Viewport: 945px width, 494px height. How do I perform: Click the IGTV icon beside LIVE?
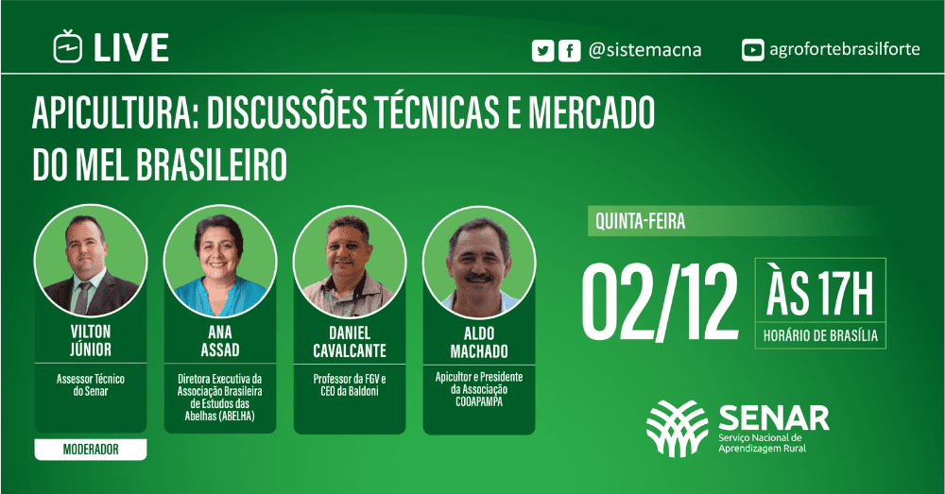tap(67, 46)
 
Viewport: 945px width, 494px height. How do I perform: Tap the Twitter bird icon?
tap(543, 51)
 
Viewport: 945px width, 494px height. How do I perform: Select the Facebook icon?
tap(570, 51)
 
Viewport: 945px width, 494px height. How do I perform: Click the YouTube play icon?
tap(753, 50)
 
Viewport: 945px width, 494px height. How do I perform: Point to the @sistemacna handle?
tap(644, 49)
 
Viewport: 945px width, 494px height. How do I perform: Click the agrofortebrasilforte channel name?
tap(844, 49)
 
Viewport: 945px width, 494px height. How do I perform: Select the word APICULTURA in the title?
tap(115, 112)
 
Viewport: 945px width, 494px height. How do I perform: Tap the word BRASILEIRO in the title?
tap(212, 164)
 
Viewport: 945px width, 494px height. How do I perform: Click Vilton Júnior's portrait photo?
tap(91, 261)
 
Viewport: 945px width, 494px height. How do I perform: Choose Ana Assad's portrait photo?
tap(220, 261)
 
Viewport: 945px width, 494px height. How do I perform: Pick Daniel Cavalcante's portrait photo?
tap(350, 262)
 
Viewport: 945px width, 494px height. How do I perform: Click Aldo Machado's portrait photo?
tap(479, 263)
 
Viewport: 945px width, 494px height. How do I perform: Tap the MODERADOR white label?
tap(91, 450)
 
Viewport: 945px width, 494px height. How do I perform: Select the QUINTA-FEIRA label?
tap(640, 221)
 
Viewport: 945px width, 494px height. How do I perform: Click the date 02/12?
tap(660, 302)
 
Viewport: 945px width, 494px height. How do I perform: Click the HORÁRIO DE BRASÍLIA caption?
tap(820, 335)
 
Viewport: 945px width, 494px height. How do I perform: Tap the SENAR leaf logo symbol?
tap(678, 428)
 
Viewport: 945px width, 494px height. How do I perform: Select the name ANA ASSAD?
tap(220, 341)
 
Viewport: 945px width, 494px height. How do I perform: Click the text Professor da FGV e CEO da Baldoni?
tap(350, 385)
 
